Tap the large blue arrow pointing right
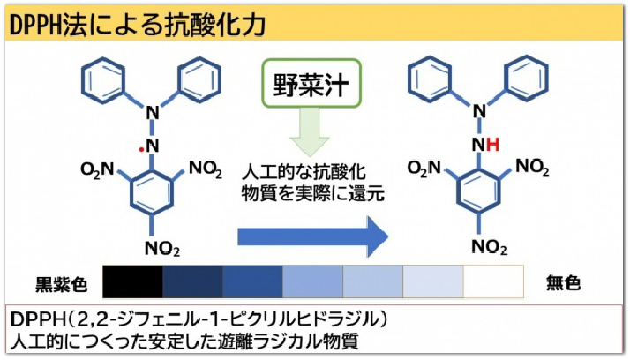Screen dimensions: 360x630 (x=313, y=235)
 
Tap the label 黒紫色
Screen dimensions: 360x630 (x=62, y=284)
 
